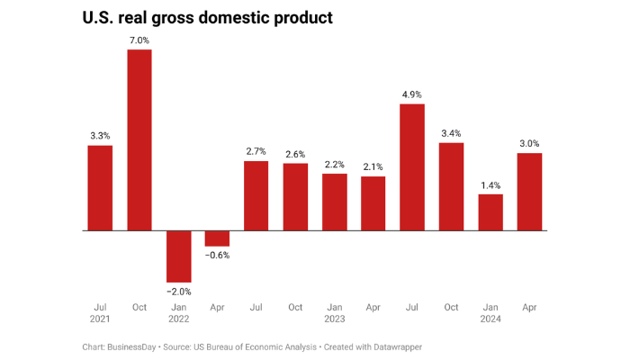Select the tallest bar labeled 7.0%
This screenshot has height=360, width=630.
[x=139, y=139]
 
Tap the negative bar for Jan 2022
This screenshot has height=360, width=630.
[x=178, y=256]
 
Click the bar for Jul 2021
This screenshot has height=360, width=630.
[x=100, y=187]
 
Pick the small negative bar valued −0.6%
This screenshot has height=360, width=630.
[x=217, y=238]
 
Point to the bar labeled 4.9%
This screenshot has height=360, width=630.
[x=412, y=167]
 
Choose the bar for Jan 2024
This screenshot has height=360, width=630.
[x=490, y=212]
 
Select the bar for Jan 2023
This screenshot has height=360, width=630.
[x=335, y=202]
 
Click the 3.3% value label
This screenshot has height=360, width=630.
[x=100, y=135]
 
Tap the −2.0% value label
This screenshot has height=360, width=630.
[x=178, y=292]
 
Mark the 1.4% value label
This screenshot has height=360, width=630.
[x=490, y=184]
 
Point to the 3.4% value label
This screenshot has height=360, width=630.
[x=452, y=133]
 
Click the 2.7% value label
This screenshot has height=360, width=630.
[x=256, y=151]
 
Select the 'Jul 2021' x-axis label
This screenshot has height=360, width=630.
[x=100, y=313]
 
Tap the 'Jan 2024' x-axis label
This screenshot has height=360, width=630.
[x=490, y=313]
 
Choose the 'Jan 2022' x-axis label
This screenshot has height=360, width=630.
[x=178, y=313]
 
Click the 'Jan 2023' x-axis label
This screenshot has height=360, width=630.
[x=335, y=313]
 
